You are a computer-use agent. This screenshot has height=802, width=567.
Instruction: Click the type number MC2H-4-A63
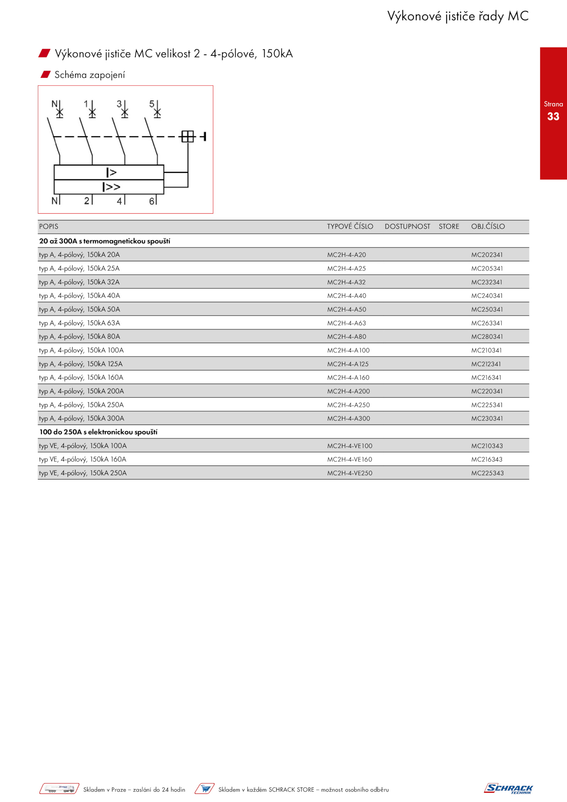click(x=346, y=323)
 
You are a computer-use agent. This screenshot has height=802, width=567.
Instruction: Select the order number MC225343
click(x=487, y=473)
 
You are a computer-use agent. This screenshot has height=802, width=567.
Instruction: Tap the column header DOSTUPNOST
click(x=408, y=226)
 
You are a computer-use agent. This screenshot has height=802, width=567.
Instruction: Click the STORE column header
click(x=449, y=226)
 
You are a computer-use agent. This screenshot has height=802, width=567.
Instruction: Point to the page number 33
click(x=553, y=116)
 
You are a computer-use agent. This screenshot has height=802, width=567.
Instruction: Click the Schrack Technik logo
click(x=509, y=789)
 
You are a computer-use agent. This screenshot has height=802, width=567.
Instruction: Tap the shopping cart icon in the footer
click(x=204, y=789)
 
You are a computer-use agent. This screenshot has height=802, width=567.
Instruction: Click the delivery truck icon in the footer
click(x=59, y=789)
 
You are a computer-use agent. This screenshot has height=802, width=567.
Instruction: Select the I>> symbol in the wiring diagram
click(x=111, y=187)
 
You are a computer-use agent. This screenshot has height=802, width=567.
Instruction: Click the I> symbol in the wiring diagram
click(x=111, y=173)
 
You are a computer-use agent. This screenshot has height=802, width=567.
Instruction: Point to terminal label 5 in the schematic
click(x=152, y=104)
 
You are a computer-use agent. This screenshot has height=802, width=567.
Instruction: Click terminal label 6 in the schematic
click(x=152, y=201)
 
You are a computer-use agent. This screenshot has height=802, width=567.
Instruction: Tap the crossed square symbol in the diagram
click(x=188, y=136)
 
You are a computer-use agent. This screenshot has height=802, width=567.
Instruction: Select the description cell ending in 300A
click(x=82, y=419)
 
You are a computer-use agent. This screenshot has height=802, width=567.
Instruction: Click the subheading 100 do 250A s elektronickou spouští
click(x=99, y=432)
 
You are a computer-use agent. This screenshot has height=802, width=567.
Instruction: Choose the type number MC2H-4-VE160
click(x=350, y=460)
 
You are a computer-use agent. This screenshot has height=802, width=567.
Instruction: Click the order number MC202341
click(x=487, y=255)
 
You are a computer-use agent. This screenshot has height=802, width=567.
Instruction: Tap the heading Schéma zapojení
click(x=90, y=75)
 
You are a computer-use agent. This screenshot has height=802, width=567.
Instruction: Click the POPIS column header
click(x=49, y=226)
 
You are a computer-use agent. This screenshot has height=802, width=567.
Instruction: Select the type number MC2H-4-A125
click(x=348, y=364)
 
